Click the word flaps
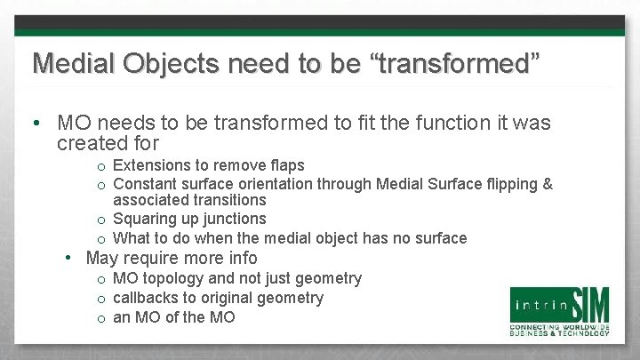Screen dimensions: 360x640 click(284, 165)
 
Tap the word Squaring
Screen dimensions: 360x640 click(147, 219)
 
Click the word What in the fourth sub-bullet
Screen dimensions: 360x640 click(132, 237)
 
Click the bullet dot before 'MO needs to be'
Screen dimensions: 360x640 click(40, 122)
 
